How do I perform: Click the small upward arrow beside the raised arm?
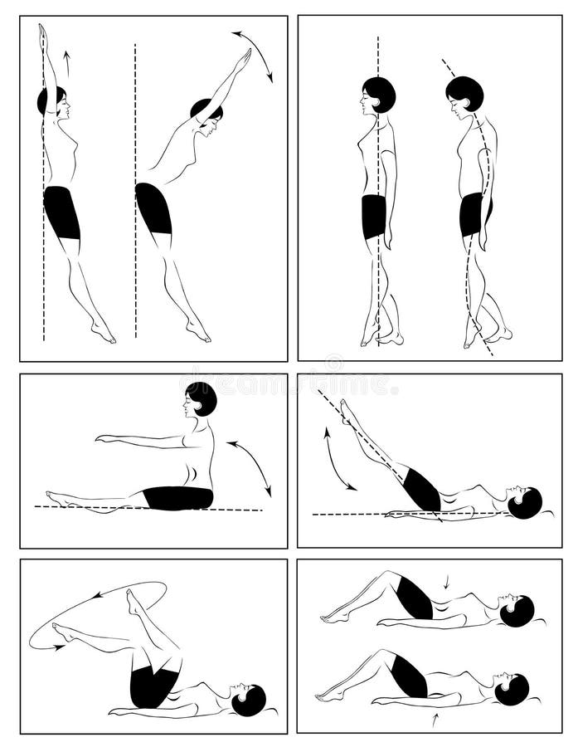(67, 63)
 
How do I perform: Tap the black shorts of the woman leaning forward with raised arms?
(153, 207)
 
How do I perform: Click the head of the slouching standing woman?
(464, 94)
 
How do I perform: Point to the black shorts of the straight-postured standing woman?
(373, 217)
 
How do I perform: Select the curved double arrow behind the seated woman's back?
(250, 467)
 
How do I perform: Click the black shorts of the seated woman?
(178, 498)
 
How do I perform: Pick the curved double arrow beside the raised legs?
(338, 459)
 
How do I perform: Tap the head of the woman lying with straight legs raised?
(523, 503)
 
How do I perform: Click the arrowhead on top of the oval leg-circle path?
(98, 594)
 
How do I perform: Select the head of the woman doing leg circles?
(248, 701)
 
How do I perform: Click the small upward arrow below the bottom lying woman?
(432, 721)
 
